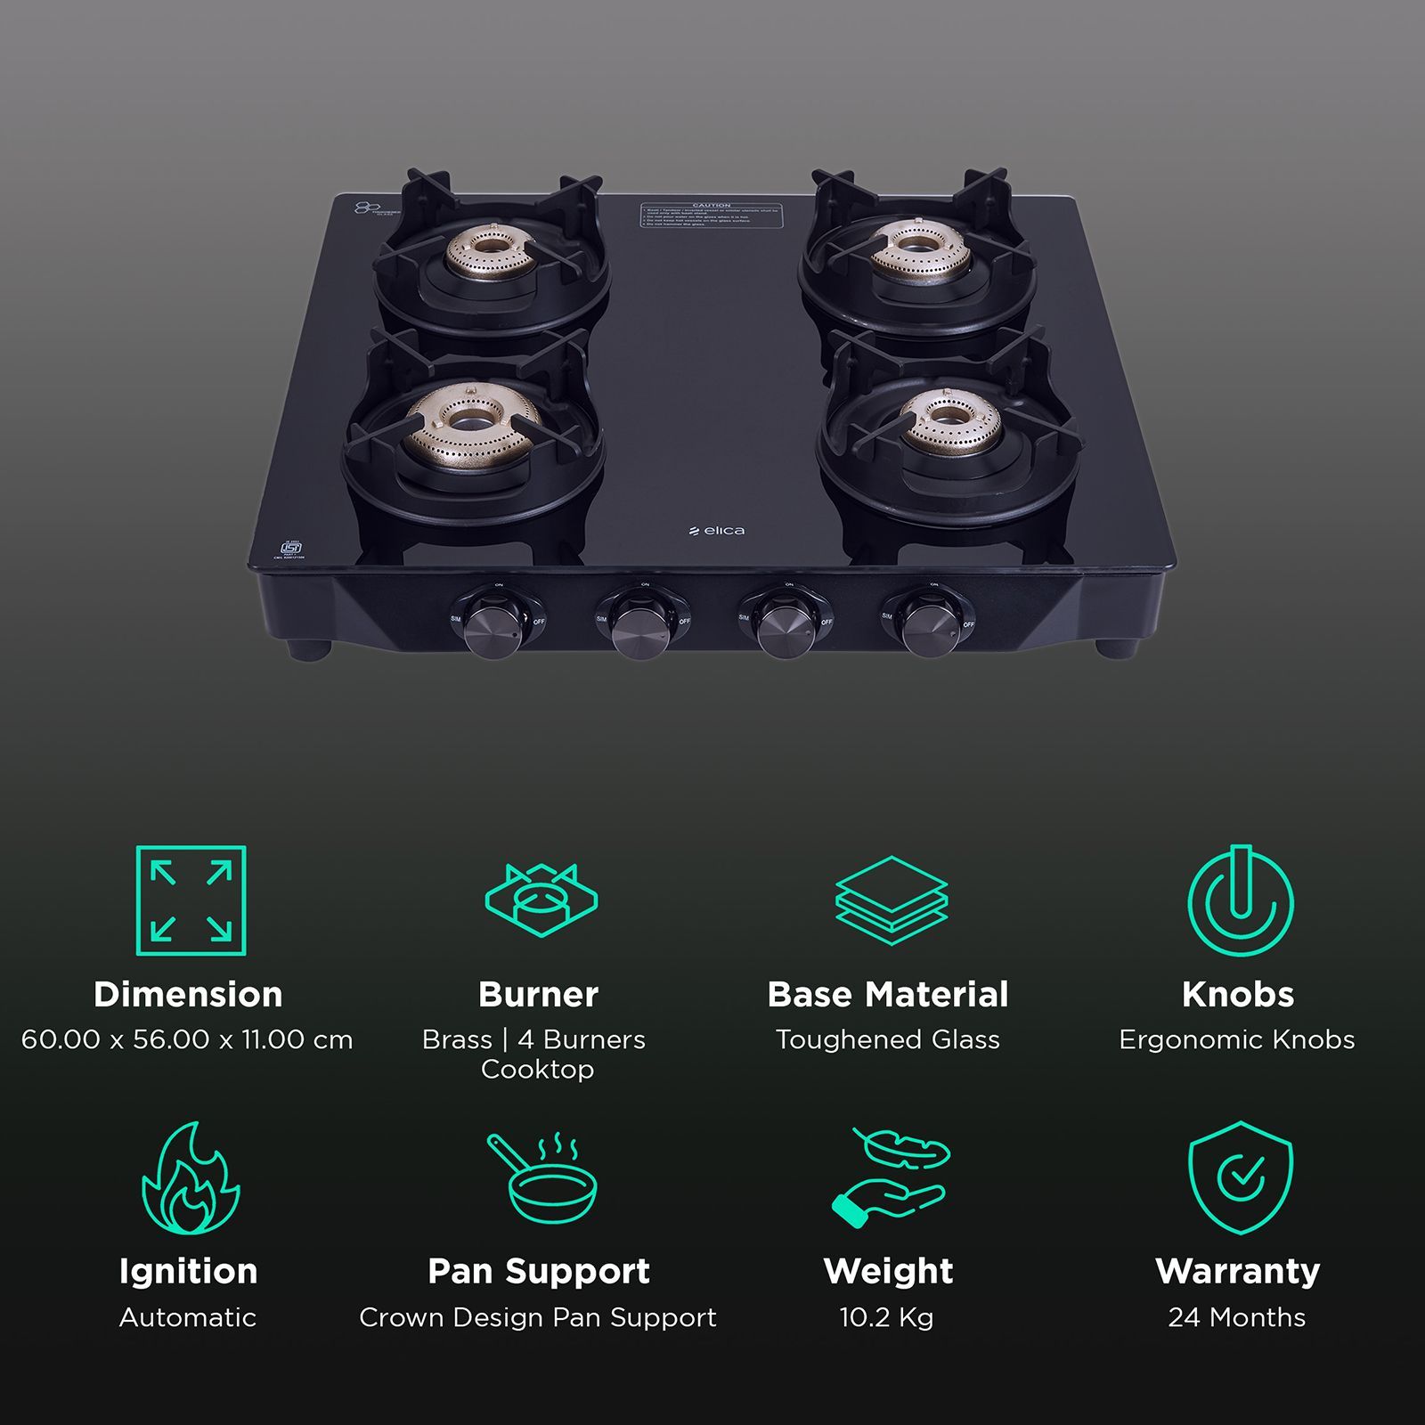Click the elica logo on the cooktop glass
(717, 531)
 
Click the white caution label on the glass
(711, 215)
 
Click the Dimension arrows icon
(191, 900)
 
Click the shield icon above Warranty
(1240, 1177)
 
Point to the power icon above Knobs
(1239, 900)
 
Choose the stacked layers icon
(891, 900)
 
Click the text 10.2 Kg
(886, 1317)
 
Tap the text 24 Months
(1237, 1317)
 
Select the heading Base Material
(888, 994)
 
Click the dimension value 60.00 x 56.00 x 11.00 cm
(187, 1039)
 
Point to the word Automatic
(188, 1317)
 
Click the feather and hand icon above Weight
(891, 1177)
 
